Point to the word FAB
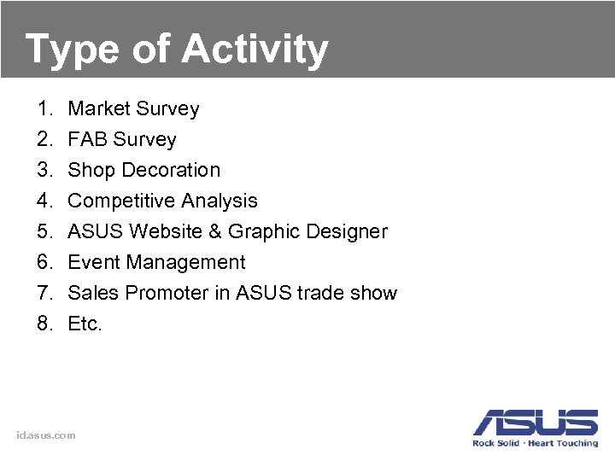87,140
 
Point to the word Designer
348,232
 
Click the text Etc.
85,324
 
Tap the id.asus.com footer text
46,435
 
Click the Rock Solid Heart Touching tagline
536,443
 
